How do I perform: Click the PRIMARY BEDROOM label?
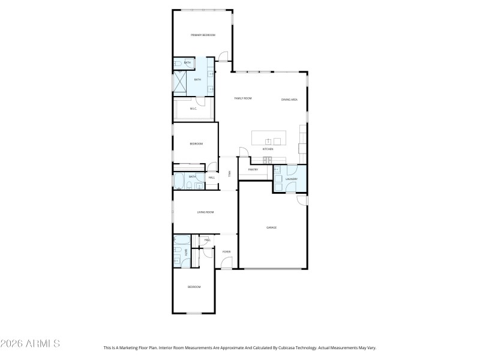203,35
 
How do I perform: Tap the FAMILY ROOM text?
242,98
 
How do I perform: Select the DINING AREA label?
289,99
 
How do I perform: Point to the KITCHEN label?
268,149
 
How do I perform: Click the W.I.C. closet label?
193,109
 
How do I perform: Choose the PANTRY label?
253,170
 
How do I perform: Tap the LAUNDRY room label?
292,179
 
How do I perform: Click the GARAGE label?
271,227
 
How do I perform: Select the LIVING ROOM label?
205,212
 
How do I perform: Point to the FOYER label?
226,251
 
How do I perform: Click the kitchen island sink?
268,141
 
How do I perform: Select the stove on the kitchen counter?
268,160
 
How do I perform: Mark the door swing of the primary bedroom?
222,57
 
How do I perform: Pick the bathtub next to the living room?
180,242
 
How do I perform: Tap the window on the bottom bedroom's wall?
194,313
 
